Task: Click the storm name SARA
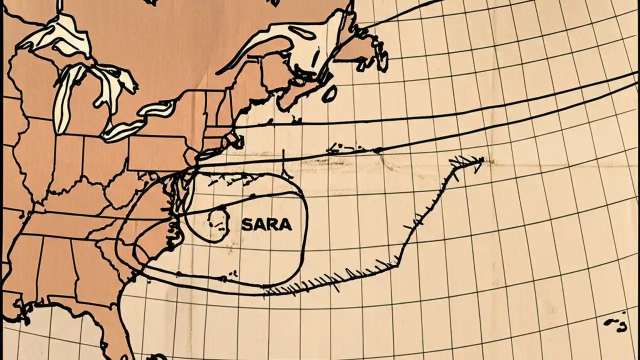click(266, 225)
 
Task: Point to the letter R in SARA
click(273, 225)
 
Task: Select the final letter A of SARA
click(285, 225)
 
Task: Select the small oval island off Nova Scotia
click(329, 93)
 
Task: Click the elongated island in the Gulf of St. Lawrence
click(302, 33)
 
